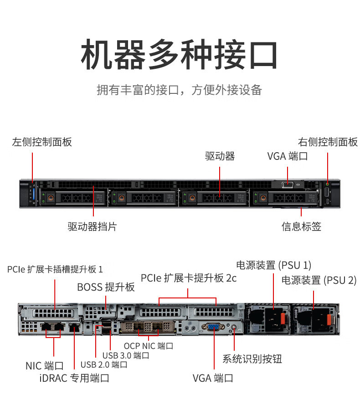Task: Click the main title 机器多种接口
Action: (x=180, y=55)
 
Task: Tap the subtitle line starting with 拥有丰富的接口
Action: (x=180, y=90)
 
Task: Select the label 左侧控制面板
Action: (x=42, y=142)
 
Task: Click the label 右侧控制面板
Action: (x=328, y=142)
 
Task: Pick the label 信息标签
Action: (x=301, y=226)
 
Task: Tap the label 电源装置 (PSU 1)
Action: (x=273, y=265)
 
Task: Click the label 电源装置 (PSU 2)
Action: (x=319, y=280)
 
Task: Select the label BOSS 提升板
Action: (x=106, y=287)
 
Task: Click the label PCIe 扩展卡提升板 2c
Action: (x=189, y=278)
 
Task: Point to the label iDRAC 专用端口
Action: (x=74, y=378)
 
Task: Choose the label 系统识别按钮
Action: (x=252, y=359)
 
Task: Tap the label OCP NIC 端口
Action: (x=149, y=346)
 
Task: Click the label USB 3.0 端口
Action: (x=125, y=355)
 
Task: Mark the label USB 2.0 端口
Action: (x=103, y=364)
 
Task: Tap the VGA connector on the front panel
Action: (x=288, y=184)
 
